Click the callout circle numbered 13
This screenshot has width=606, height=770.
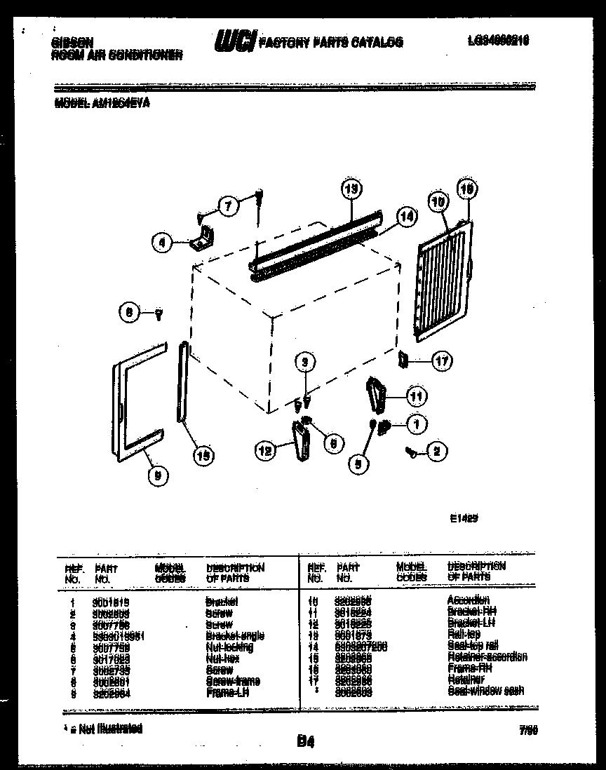click(x=353, y=189)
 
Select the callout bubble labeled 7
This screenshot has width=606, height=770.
click(x=226, y=206)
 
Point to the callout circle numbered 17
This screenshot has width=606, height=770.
click(x=442, y=362)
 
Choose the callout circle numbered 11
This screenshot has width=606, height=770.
click(x=417, y=397)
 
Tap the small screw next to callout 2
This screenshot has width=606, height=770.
click(x=412, y=454)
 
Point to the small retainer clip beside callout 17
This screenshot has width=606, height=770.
click(x=403, y=360)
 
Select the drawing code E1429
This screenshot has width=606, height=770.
click(x=459, y=520)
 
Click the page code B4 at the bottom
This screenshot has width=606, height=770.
click(x=304, y=740)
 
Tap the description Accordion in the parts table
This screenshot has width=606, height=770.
click(x=468, y=600)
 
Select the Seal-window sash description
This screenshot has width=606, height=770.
click(x=485, y=691)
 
